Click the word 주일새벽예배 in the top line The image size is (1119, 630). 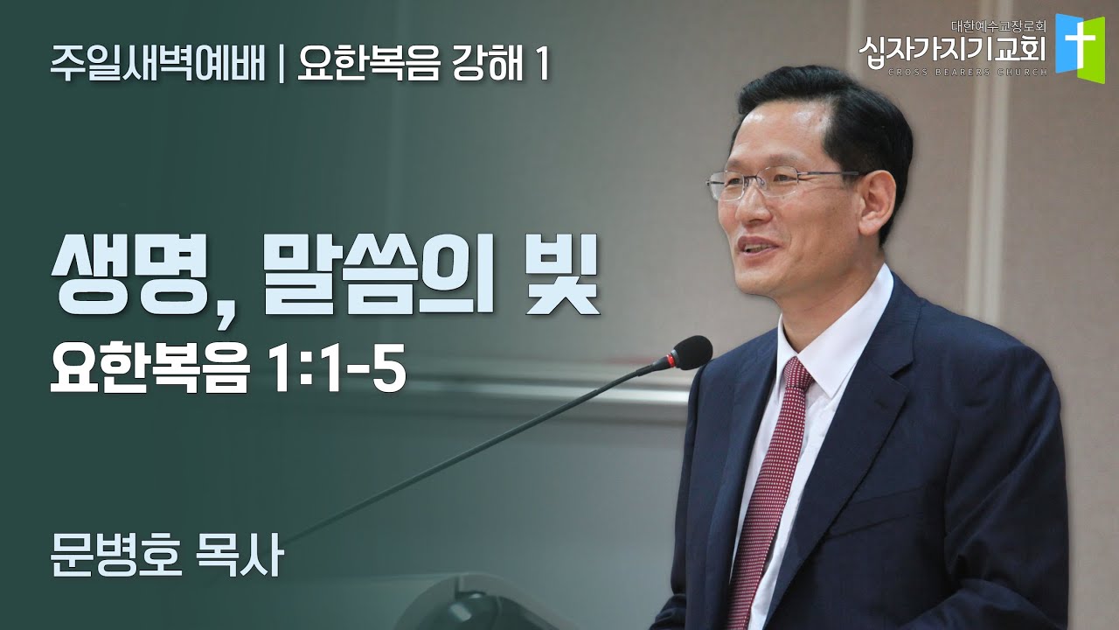[x=157, y=66]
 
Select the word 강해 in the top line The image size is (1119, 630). [x=483, y=66]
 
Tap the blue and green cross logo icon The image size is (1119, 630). [x=1080, y=44]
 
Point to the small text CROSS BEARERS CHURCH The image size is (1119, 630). [x=953, y=72]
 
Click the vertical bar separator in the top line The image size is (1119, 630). [x=281, y=66]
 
